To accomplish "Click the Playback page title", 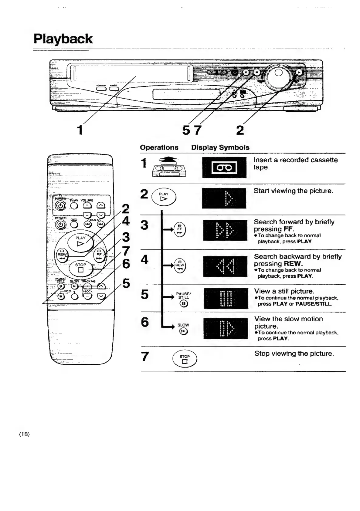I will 63,39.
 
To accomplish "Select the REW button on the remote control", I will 62,255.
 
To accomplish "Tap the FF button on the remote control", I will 99,255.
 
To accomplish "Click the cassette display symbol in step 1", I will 224,168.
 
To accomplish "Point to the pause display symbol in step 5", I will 226,299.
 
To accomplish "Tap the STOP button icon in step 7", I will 185,359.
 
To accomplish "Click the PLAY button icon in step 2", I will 164,197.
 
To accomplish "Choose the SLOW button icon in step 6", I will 183,331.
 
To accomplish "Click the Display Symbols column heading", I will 220,147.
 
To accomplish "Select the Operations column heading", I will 159,147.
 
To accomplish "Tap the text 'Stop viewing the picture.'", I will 294,354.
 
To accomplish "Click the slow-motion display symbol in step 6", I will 226,329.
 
